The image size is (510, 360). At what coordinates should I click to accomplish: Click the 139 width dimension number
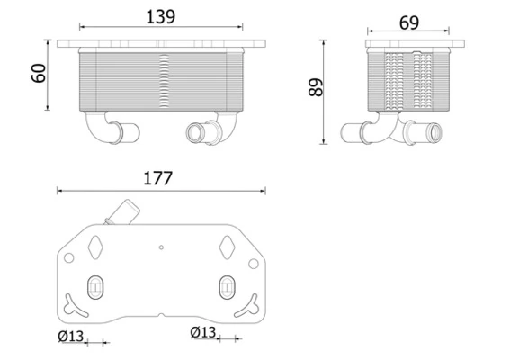(162, 17)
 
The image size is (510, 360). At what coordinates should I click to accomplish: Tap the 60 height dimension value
(39, 75)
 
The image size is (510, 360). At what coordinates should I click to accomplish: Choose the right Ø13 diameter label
(203, 333)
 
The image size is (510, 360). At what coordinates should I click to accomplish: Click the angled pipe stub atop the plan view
(119, 216)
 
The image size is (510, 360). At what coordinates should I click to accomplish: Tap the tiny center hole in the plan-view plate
(161, 246)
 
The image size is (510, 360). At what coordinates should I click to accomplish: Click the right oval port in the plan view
(227, 287)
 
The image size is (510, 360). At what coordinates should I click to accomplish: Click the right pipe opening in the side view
(435, 136)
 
